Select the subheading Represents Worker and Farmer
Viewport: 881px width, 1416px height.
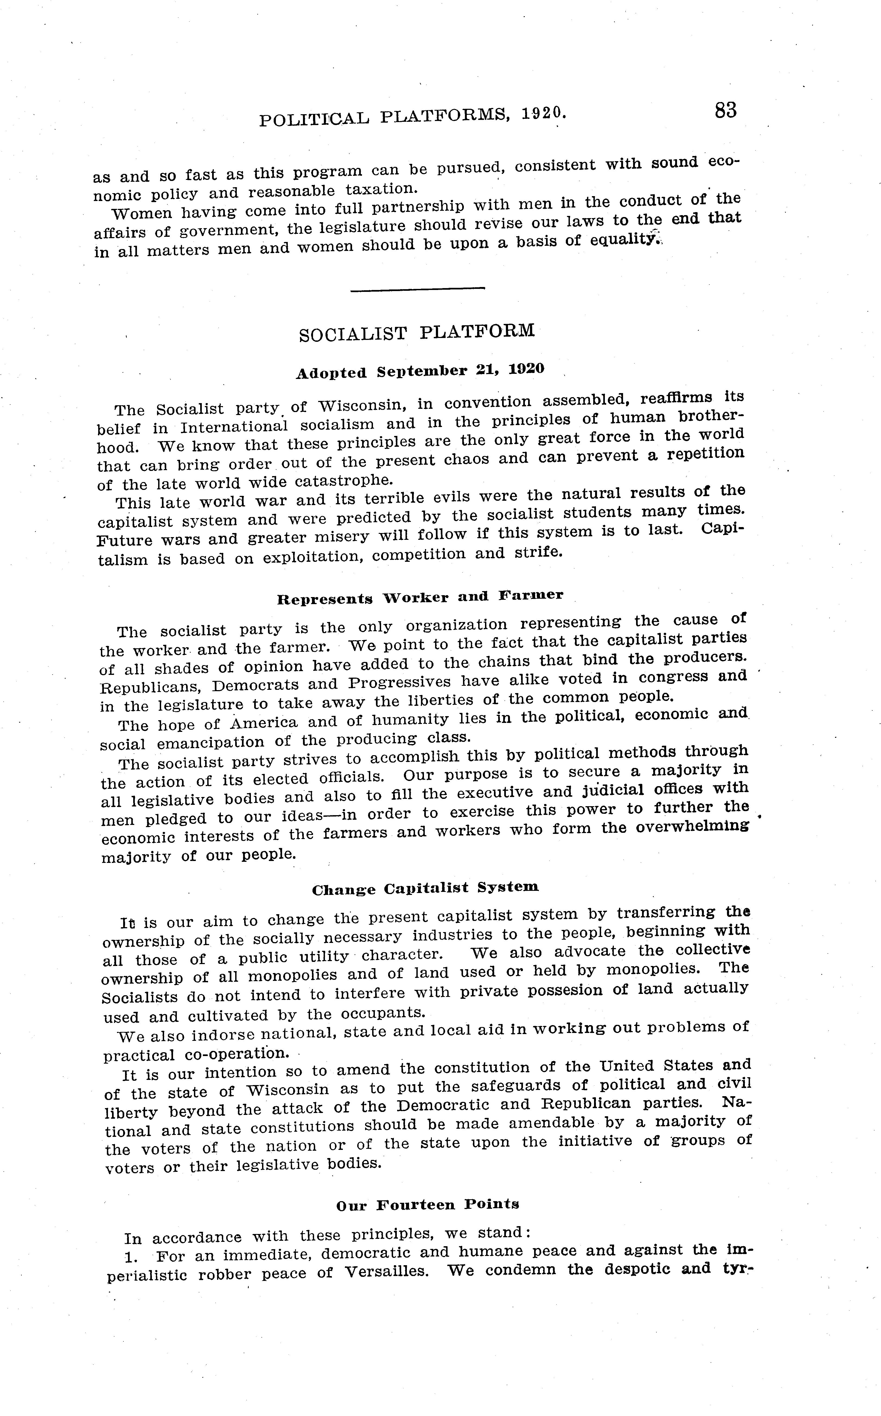420,597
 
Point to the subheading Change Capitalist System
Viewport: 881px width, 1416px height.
425,888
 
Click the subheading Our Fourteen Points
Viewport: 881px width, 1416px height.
428,1204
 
